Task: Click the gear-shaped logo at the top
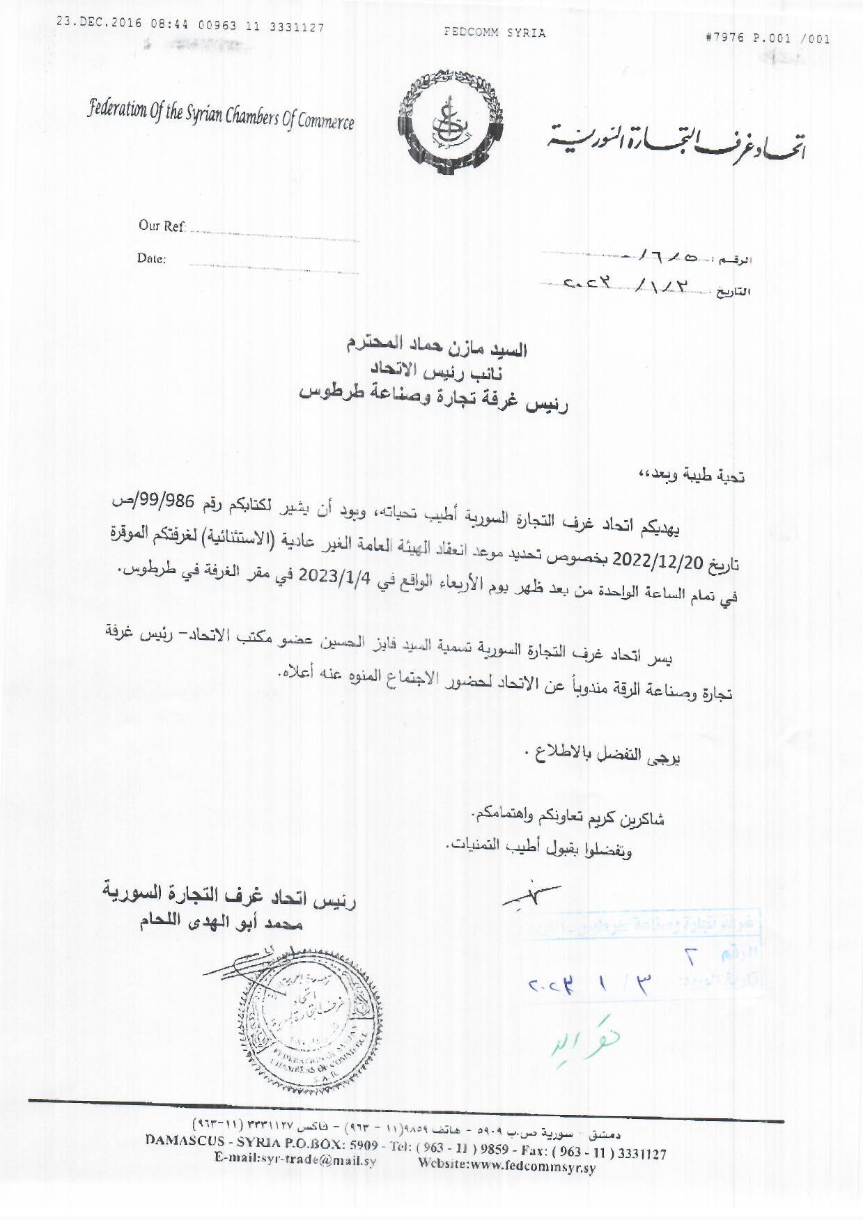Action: (x=451, y=123)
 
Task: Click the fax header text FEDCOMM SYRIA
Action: (x=495, y=33)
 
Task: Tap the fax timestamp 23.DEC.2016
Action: (x=99, y=23)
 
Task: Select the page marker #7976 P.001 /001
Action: (x=768, y=38)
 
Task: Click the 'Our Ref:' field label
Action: (x=162, y=226)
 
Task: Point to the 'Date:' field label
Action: (x=151, y=258)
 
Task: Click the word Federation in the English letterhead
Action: (x=117, y=110)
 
